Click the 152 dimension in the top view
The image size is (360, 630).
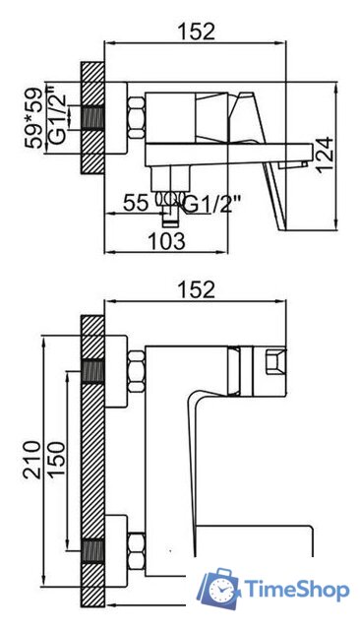click(197, 31)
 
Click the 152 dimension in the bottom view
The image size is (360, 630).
click(197, 288)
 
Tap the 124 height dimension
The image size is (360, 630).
click(325, 156)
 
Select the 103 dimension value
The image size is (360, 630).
click(167, 241)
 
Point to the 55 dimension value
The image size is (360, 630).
click(136, 203)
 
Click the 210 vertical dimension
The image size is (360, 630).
click(32, 460)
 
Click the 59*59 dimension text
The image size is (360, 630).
click(32, 118)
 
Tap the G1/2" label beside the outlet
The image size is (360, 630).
click(211, 205)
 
